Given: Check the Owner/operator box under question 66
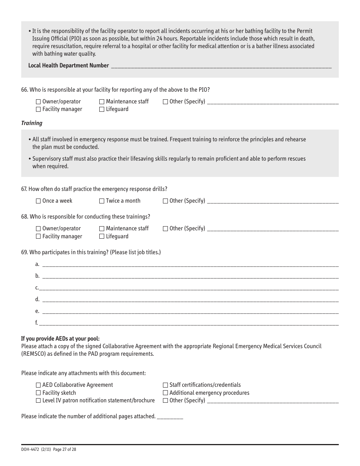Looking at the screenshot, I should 38,102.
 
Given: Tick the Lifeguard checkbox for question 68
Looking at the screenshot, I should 102,236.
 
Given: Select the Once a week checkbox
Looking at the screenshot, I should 38,201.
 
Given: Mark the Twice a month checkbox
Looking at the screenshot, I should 102,201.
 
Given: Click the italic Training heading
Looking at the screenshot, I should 32,123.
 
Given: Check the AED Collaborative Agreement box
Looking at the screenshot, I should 38,385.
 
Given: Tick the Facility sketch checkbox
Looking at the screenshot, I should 38,393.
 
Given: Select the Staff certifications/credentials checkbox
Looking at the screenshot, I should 165,385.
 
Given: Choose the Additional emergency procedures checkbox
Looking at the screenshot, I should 165,393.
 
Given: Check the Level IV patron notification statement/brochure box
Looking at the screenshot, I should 38,401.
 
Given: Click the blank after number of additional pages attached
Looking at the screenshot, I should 170,417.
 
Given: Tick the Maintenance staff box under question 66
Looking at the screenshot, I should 102,102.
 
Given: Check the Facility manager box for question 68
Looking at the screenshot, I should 38,236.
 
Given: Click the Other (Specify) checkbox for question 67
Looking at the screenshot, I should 165,201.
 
